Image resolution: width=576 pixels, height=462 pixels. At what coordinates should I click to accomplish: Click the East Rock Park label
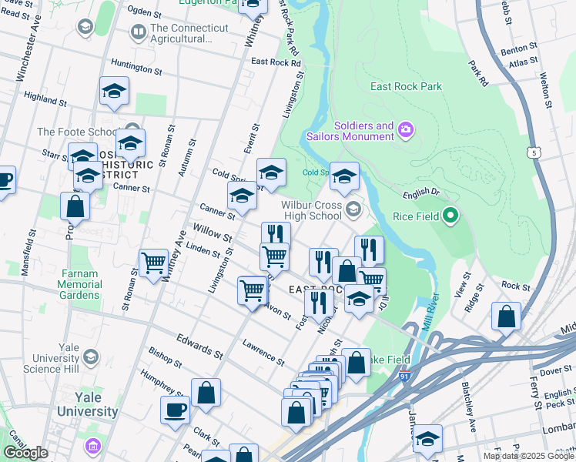406,86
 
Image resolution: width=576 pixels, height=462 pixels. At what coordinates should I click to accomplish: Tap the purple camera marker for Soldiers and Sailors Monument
406,132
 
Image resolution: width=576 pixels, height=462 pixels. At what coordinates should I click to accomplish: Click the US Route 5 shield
534,153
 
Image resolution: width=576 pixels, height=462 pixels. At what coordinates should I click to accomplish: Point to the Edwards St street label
199,345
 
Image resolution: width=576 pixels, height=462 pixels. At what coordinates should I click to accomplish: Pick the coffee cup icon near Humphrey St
175,410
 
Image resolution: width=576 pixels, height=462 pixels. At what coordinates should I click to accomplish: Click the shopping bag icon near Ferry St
506,316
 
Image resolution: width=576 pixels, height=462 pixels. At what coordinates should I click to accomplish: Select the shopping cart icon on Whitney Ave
153,263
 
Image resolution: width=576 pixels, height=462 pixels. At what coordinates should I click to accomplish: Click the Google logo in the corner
25,453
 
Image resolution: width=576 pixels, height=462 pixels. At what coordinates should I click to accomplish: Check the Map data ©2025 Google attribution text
528,457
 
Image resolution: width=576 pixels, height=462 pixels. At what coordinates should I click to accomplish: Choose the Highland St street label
45,99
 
